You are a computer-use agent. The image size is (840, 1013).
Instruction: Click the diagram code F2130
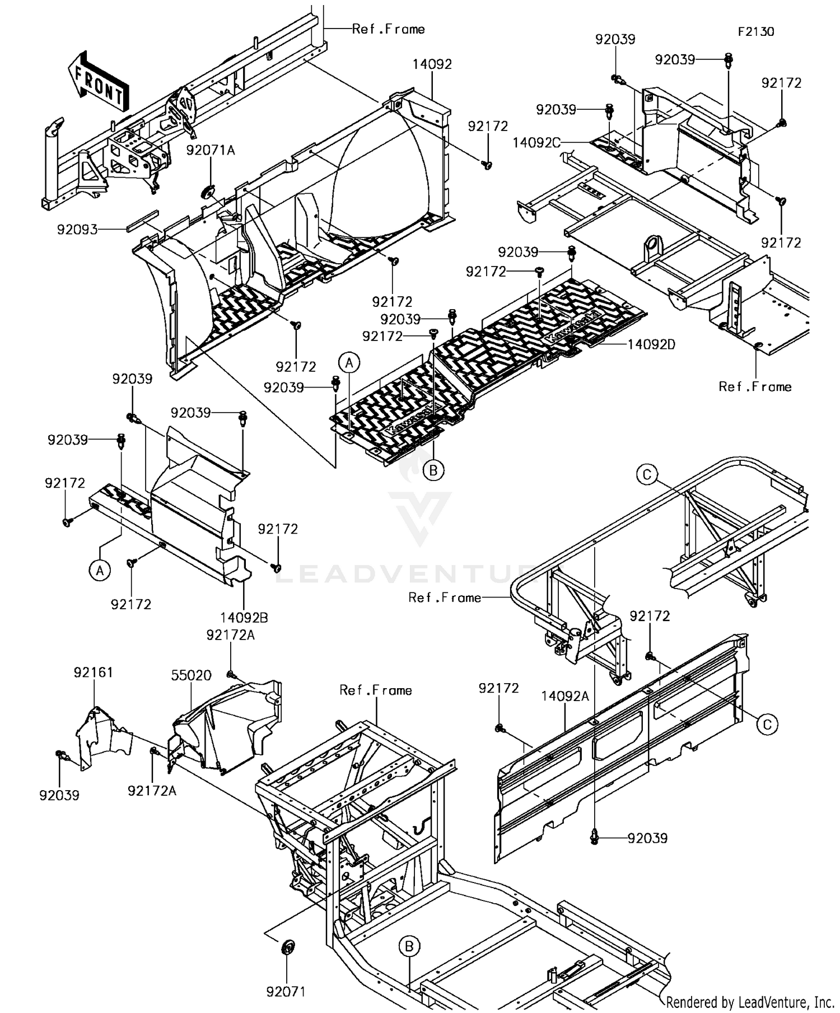pyautogui.click(x=755, y=32)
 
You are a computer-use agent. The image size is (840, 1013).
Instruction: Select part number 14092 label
pyautogui.click(x=432, y=64)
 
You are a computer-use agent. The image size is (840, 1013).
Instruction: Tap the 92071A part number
pyautogui.click(x=211, y=150)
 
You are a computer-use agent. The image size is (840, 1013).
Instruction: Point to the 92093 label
pyautogui.click(x=77, y=229)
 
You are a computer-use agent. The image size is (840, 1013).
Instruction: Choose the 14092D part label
pyautogui.click(x=651, y=344)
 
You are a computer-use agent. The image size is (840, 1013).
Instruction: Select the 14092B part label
pyautogui.click(x=244, y=618)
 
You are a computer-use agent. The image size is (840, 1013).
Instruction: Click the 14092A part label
pyautogui.click(x=565, y=696)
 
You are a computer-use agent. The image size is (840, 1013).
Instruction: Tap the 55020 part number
pyautogui.click(x=191, y=675)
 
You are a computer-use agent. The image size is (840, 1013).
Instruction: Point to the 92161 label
pyautogui.click(x=94, y=672)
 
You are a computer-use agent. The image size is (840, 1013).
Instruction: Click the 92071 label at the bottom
pyautogui.click(x=286, y=992)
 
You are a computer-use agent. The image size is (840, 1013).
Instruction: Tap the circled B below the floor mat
pyautogui.click(x=433, y=471)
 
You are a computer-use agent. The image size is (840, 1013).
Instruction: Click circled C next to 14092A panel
pyautogui.click(x=767, y=725)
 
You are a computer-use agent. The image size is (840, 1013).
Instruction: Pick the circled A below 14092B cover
pyautogui.click(x=100, y=571)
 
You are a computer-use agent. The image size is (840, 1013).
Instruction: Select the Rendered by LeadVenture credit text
pyautogui.click(x=750, y=1002)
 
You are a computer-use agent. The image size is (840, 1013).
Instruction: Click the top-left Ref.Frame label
pyautogui.click(x=388, y=29)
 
